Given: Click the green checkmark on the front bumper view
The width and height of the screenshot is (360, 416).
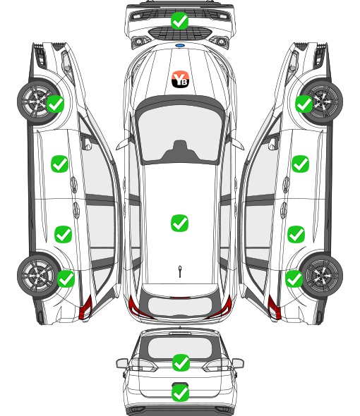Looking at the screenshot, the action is point(179,20).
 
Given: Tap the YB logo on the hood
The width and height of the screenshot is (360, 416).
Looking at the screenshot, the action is point(180,79).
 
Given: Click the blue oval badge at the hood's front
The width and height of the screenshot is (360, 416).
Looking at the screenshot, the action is point(180,46).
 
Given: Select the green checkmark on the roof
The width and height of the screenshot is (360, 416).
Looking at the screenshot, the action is point(179,223).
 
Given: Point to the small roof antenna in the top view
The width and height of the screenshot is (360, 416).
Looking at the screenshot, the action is point(180,271).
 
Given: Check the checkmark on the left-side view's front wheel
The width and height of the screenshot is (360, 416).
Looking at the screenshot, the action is point(55,104).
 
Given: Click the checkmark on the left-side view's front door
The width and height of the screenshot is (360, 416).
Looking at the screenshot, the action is point(60,164).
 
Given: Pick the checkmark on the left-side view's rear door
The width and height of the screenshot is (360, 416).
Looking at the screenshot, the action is point(64,234).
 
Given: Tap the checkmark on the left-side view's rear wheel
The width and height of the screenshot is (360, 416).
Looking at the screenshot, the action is point(66,279).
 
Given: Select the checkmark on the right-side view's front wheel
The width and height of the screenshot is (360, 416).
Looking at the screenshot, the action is point(304,104).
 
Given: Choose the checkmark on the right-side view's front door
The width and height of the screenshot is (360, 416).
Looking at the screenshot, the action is point(300,164).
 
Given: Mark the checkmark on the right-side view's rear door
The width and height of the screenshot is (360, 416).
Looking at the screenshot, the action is point(296,234).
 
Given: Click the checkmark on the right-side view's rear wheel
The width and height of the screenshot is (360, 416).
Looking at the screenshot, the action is point(294,279).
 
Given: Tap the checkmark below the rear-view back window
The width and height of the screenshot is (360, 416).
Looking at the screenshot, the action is point(181,362).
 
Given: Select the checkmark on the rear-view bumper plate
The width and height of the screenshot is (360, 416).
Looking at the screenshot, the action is point(181,393).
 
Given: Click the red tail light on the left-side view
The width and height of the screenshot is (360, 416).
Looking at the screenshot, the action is point(85,307).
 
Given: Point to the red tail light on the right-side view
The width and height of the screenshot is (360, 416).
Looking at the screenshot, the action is point(274,307).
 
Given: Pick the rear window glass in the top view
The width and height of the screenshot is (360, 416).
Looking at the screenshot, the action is point(180,305).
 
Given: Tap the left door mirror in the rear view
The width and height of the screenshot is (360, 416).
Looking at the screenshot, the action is point(122,363).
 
